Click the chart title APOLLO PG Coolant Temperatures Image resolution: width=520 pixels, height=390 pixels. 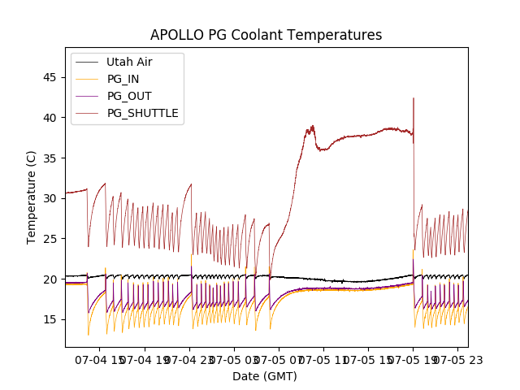pos(266,35)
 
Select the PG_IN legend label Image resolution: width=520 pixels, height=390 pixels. pos(123,79)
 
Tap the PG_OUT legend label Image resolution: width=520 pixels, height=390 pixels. pos(128,96)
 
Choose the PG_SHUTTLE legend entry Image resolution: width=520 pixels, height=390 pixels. pos(142,113)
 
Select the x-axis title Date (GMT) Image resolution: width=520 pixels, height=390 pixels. pos(265,376)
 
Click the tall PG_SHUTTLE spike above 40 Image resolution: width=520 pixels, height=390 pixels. pos(414,101)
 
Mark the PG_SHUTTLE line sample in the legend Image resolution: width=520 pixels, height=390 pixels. pos(87,113)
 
